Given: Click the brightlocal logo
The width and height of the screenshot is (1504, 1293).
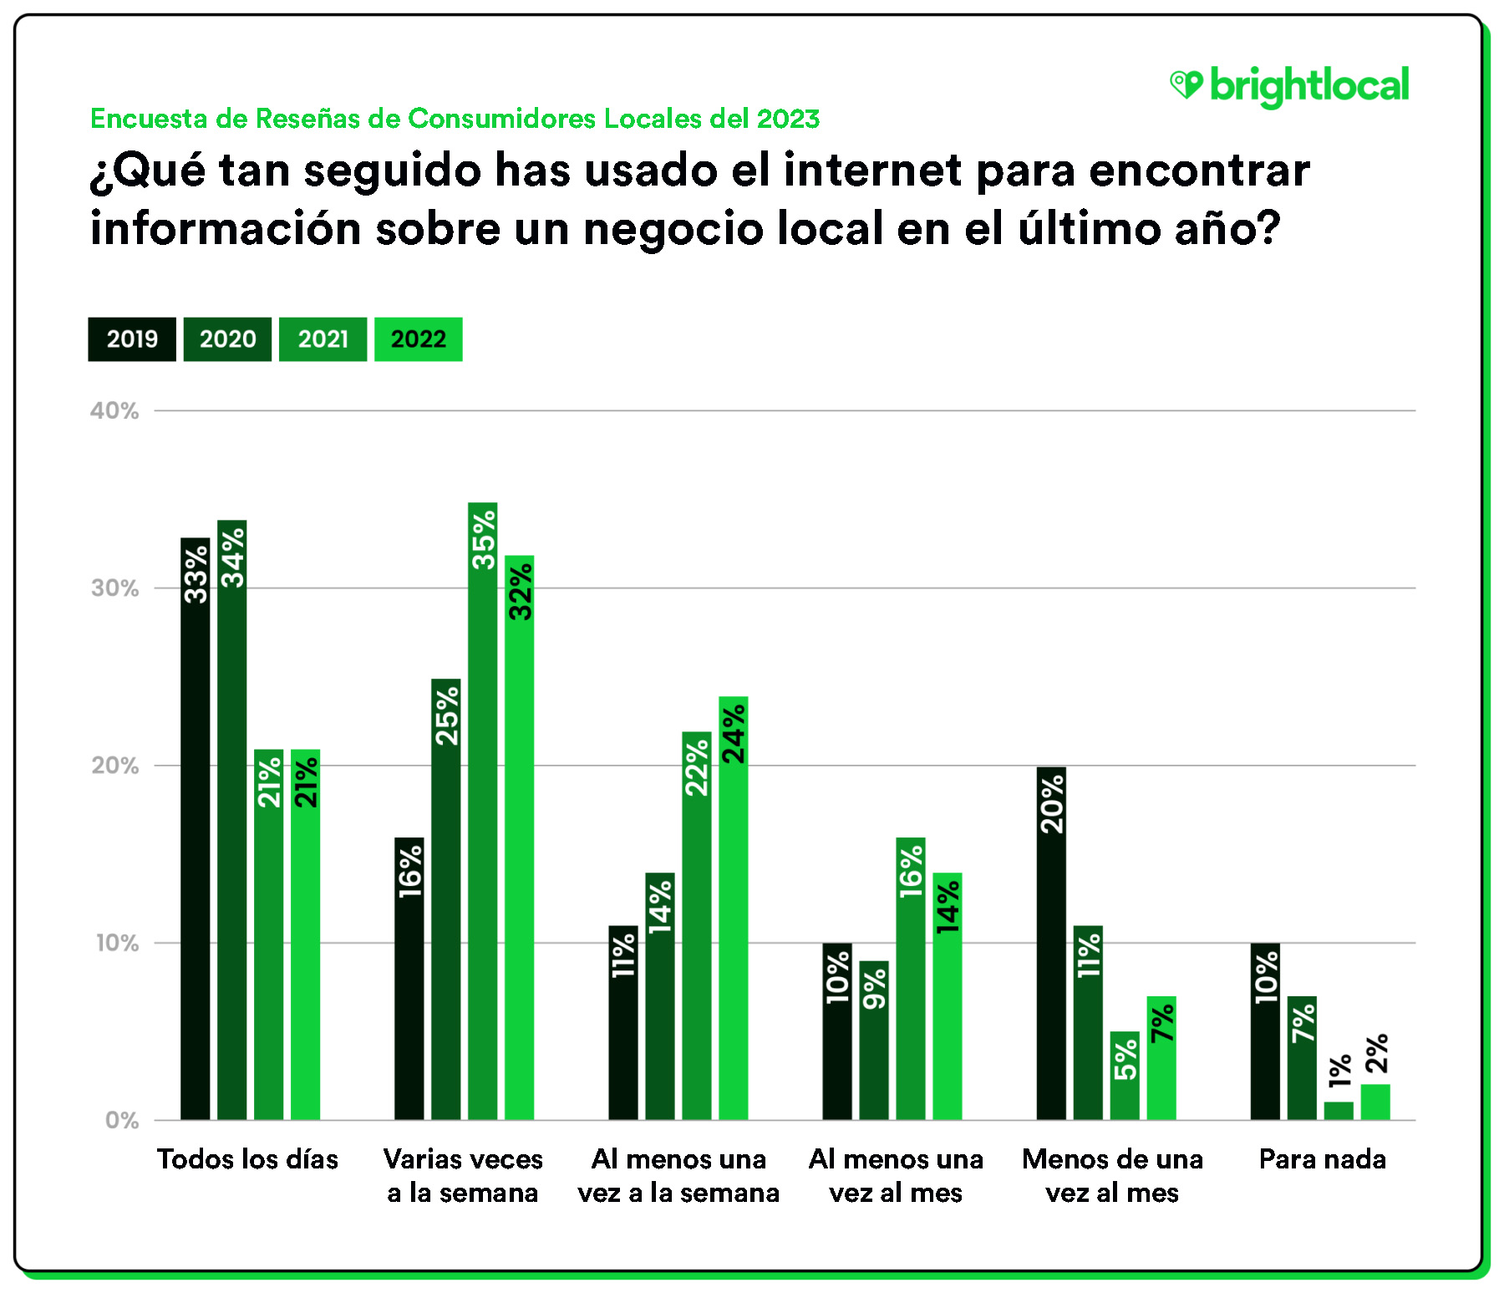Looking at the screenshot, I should coord(1289,86).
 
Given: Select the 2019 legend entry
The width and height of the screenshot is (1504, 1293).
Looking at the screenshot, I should coord(132,339).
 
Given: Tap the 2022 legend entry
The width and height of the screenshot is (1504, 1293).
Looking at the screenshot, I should coord(419,339).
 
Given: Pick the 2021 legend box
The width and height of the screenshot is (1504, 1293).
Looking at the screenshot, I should coord(323,339).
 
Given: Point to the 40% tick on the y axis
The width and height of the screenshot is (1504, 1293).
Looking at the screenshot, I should coord(115,410).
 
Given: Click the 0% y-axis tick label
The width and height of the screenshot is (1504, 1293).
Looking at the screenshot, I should coord(122,1120).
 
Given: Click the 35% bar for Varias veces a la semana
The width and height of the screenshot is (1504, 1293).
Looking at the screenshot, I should coord(483,811).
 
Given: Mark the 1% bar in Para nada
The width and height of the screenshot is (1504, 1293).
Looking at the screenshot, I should coord(1339,1111).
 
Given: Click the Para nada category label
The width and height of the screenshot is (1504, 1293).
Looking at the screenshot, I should coord(1323,1159).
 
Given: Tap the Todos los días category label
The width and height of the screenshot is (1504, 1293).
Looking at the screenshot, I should coord(248,1159).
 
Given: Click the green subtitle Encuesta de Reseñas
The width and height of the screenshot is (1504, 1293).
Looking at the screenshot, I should coord(455,119).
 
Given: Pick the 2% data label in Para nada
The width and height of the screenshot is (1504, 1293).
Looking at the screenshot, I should coord(1376,1053).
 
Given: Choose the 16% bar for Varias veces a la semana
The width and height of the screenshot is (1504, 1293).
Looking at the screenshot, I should coord(409,978).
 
